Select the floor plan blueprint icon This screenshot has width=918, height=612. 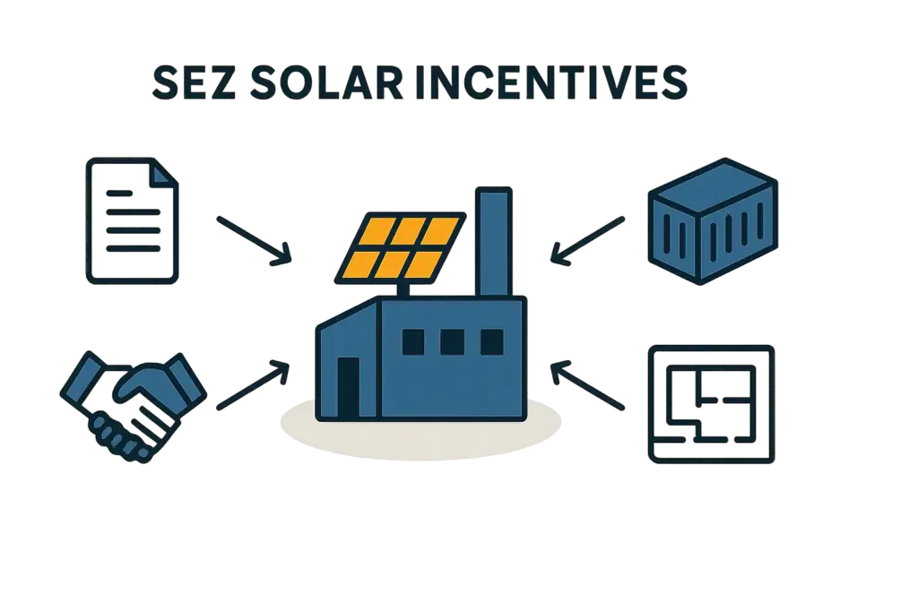coord(711,402)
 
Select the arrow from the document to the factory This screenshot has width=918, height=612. coord(255,239)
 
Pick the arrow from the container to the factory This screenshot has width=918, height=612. coord(586,239)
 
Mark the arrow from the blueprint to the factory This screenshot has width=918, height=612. coord(587,386)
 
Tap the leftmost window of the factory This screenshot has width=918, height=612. coord(413,341)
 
